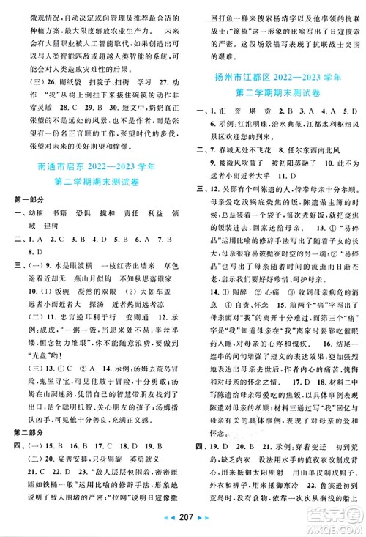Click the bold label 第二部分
(x=24, y=403)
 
